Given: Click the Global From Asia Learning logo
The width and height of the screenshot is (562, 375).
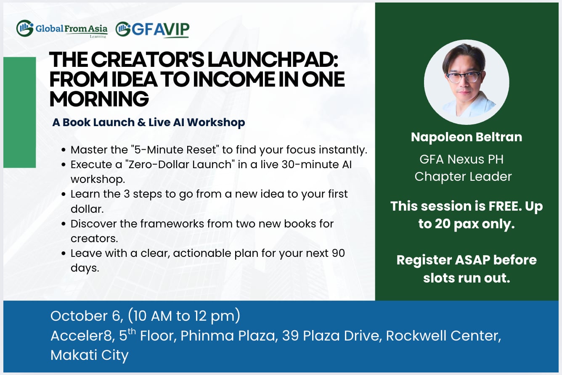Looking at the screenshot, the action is [x=62, y=29].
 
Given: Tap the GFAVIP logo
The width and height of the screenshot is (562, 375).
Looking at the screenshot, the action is [x=153, y=29].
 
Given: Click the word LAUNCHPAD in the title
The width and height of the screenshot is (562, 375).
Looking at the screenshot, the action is [x=273, y=60].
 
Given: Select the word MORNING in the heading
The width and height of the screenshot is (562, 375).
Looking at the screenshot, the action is [x=99, y=99].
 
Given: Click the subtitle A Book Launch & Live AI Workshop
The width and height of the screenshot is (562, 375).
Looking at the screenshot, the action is [x=148, y=122].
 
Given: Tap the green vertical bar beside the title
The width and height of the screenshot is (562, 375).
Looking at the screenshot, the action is [x=20, y=112].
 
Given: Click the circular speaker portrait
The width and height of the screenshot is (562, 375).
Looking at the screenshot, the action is [x=467, y=82].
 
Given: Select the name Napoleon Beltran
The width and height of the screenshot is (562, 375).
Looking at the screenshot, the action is [x=467, y=137].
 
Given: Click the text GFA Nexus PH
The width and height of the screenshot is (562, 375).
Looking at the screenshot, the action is [x=461, y=159].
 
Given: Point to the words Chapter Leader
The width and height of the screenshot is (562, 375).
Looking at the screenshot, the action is [x=463, y=177].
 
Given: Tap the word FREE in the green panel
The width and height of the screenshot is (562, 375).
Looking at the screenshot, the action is [x=505, y=206].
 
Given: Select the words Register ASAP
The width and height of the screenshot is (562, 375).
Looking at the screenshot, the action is [x=443, y=260].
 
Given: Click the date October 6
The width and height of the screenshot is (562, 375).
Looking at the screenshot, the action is [x=87, y=316].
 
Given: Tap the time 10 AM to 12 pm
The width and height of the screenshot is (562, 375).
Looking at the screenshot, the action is [x=184, y=316].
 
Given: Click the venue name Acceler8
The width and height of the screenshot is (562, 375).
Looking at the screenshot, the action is [x=82, y=335].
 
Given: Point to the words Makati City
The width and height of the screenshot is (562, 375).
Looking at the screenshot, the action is [x=89, y=355].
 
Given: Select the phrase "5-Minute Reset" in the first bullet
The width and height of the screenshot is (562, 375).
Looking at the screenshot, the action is [x=175, y=150].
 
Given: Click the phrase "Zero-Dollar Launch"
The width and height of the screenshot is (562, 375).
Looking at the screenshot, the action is [x=180, y=165].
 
